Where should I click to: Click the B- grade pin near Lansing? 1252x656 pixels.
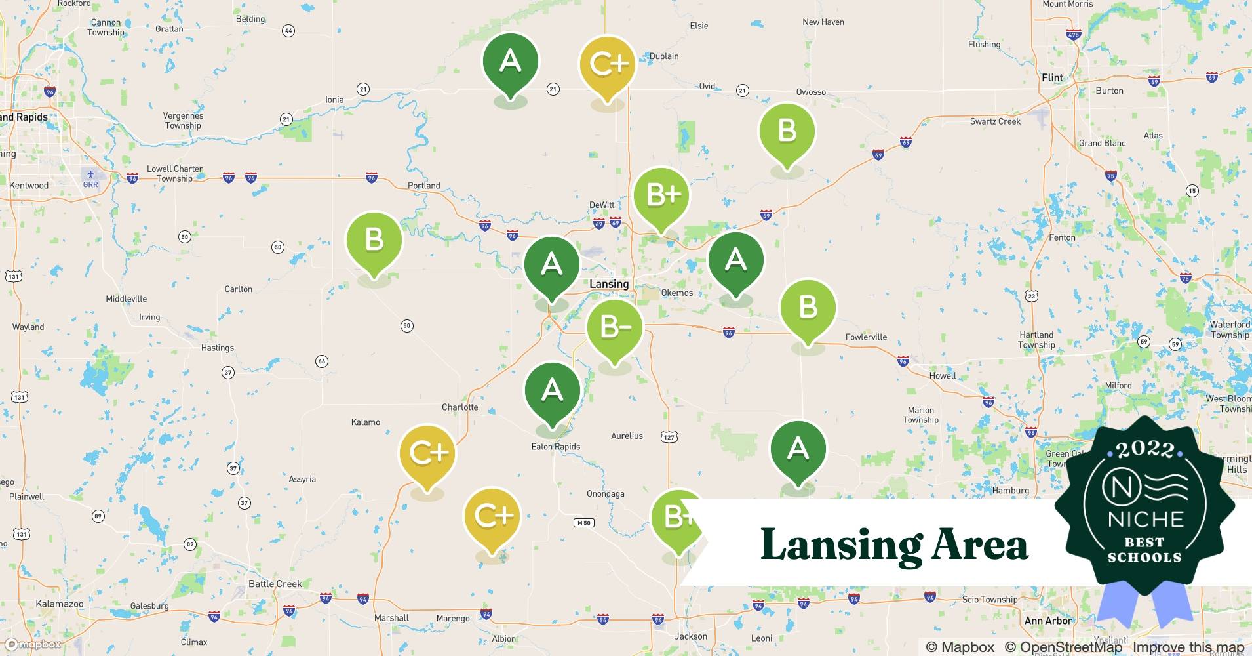click(x=614, y=328)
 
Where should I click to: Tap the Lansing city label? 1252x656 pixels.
click(x=608, y=284)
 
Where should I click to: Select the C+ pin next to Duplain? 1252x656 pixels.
click(x=608, y=64)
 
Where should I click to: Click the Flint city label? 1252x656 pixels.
click(x=1052, y=77)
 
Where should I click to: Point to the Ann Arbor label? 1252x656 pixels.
click(x=1047, y=621)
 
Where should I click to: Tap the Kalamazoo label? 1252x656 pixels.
click(x=59, y=604)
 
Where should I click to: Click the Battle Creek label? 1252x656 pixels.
click(x=275, y=584)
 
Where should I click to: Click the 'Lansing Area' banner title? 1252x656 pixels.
click(x=893, y=544)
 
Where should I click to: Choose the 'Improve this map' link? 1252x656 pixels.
click(x=1188, y=647)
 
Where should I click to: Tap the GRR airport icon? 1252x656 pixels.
click(x=90, y=174)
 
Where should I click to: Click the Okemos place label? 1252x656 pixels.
click(x=676, y=293)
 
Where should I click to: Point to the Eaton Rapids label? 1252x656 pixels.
click(x=555, y=447)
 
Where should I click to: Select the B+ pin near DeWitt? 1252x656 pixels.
click(x=662, y=195)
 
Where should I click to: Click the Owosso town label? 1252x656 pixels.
click(x=811, y=92)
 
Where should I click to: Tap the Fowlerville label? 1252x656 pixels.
click(x=866, y=337)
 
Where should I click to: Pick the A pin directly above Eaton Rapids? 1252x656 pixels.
click(x=552, y=392)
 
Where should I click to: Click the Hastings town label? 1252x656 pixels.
click(x=217, y=348)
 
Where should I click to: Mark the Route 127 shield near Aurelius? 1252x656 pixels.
click(x=669, y=437)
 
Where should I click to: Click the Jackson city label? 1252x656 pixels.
click(x=691, y=636)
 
